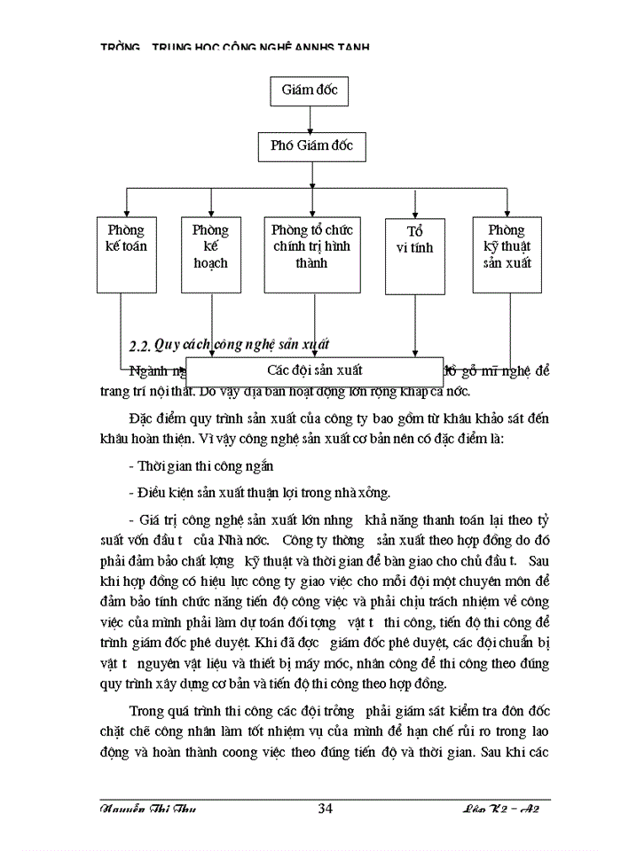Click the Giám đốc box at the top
pyautogui.click(x=310, y=90)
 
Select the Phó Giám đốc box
pyautogui.click(x=311, y=146)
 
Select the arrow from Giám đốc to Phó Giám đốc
pyautogui.click(x=310, y=118)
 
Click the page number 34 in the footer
pyautogui.click(x=325, y=808)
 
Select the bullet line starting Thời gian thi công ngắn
pyautogui.click(x=200, y=465)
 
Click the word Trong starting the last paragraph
pyautogui.click(x=147, y=711)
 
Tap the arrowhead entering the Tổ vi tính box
pyautogui.click(x=414, y=213)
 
